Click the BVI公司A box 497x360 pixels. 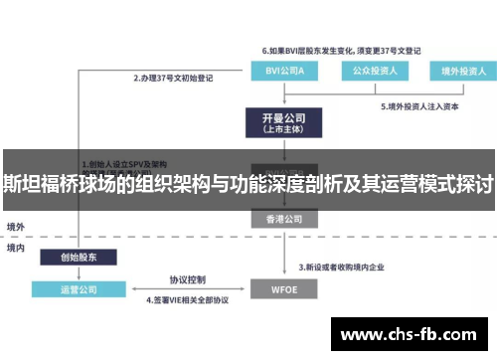click(x=284, y=71)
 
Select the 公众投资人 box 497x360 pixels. click(x=374, y=71)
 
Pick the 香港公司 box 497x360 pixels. click(x=283, y=218)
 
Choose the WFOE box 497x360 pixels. click(x=283, y=289)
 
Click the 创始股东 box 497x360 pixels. click(x=80, y=258)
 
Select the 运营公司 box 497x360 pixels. click(x=80, y=289)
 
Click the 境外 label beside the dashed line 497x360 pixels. click(x=16, y=228)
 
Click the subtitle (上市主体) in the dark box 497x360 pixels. click(x=283, y=128)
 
